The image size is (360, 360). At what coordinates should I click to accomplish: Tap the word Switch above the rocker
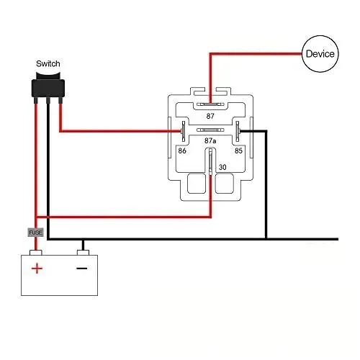tap(48, 63)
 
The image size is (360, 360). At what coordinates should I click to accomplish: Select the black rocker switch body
tap(48, 85)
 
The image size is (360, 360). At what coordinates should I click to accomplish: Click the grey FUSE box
tap(36, 233)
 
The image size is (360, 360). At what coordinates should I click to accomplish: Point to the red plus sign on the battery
tap(37, 269)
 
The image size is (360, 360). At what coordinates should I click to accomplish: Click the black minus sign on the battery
tap(82, 268)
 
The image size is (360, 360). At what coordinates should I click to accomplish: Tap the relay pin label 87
tap(210, 116)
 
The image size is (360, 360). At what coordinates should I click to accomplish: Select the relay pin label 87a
tap(210, 140)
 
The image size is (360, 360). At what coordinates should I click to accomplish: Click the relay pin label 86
tap(182, 150)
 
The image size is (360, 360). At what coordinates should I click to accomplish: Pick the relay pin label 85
tap(238, 150)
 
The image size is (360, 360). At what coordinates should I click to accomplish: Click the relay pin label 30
tap(222, 167)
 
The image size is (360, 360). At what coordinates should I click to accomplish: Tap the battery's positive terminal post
tap(36, 253)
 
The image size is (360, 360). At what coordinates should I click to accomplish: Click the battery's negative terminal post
tap(83, 253)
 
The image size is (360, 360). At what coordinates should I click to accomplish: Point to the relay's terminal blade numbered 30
tap(210, 161)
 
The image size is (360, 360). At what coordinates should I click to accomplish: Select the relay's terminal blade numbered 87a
tap(210, 130)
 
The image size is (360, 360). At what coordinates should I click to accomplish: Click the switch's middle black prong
tap(48, 100)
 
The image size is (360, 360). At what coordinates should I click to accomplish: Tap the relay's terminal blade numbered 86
tap(184, 131)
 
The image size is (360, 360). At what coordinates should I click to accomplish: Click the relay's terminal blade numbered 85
tap(238, 131)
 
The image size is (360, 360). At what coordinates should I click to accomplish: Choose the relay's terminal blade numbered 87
tap(210, 104)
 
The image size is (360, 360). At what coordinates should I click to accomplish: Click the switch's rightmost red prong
tap(60, 100)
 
